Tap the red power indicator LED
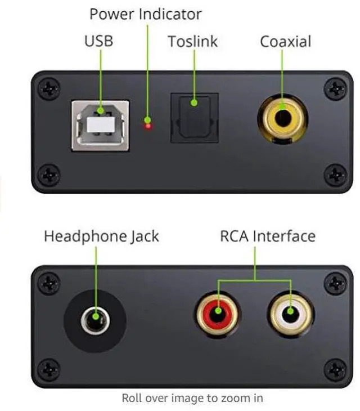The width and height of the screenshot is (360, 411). coord(148,125)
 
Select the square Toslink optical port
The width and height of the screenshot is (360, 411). coord(194,118)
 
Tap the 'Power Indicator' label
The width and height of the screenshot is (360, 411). coord(145,13)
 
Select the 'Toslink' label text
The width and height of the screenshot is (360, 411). coord(193,41)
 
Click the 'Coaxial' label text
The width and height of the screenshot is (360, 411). coord(285,41)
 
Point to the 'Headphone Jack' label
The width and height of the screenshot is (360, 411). coord(101,236)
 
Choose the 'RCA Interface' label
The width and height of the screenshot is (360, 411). coord(268,236)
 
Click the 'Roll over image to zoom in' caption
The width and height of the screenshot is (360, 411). coord(192,398)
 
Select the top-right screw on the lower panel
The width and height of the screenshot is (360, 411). coord(336,282)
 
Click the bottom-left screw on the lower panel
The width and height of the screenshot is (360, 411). coord(49,369)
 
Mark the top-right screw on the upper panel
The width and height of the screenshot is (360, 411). coord(336,88)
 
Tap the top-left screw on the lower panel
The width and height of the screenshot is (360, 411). coord(49,282)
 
